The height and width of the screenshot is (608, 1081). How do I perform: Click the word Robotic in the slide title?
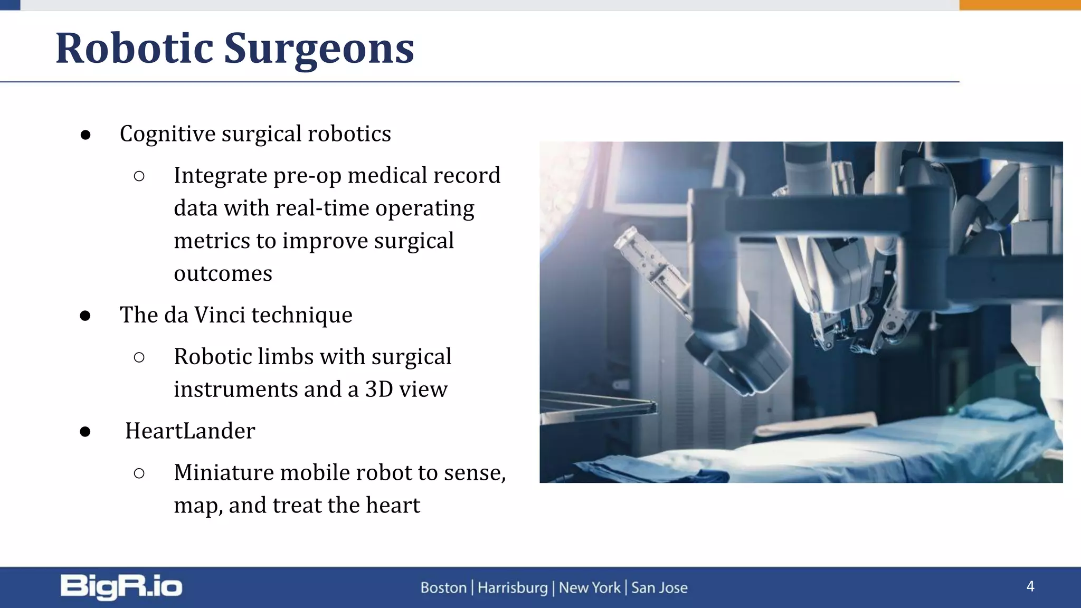pos(134,49)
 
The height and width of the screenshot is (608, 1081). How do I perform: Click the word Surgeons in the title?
pos(319,49)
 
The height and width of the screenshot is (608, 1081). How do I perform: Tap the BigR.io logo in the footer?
pos(121,587)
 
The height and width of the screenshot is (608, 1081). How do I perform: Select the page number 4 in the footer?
pos(1030,586)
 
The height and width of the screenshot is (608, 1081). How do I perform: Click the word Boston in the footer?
pos(443,587)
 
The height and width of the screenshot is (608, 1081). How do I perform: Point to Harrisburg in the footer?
pos(513,587)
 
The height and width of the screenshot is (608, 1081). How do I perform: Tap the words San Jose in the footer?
pos(659,587)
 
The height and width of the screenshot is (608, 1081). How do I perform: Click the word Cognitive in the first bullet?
pos(167,134)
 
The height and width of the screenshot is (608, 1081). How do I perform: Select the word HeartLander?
pos(190,431)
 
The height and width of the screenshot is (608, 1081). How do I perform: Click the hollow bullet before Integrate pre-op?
pos(139,176)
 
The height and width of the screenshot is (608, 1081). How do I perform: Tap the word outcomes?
pos(223,273)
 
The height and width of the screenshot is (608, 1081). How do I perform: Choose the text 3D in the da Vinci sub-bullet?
pos(379,389)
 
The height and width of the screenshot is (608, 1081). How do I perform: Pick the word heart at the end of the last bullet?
pos(393,505)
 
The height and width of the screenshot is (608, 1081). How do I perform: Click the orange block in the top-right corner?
pos(1020,5)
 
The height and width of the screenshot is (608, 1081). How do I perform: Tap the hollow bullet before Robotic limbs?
pos(139,358)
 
